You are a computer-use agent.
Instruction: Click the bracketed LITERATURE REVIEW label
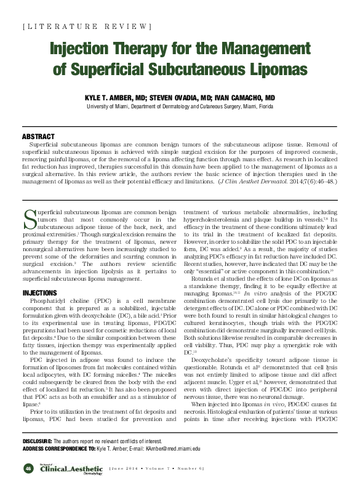click(86, 26)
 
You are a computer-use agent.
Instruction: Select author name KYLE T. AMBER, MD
click(117, 98)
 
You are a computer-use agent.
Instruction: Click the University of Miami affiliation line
click(180, 106)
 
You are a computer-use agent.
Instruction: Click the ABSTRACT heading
click(38, 136)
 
